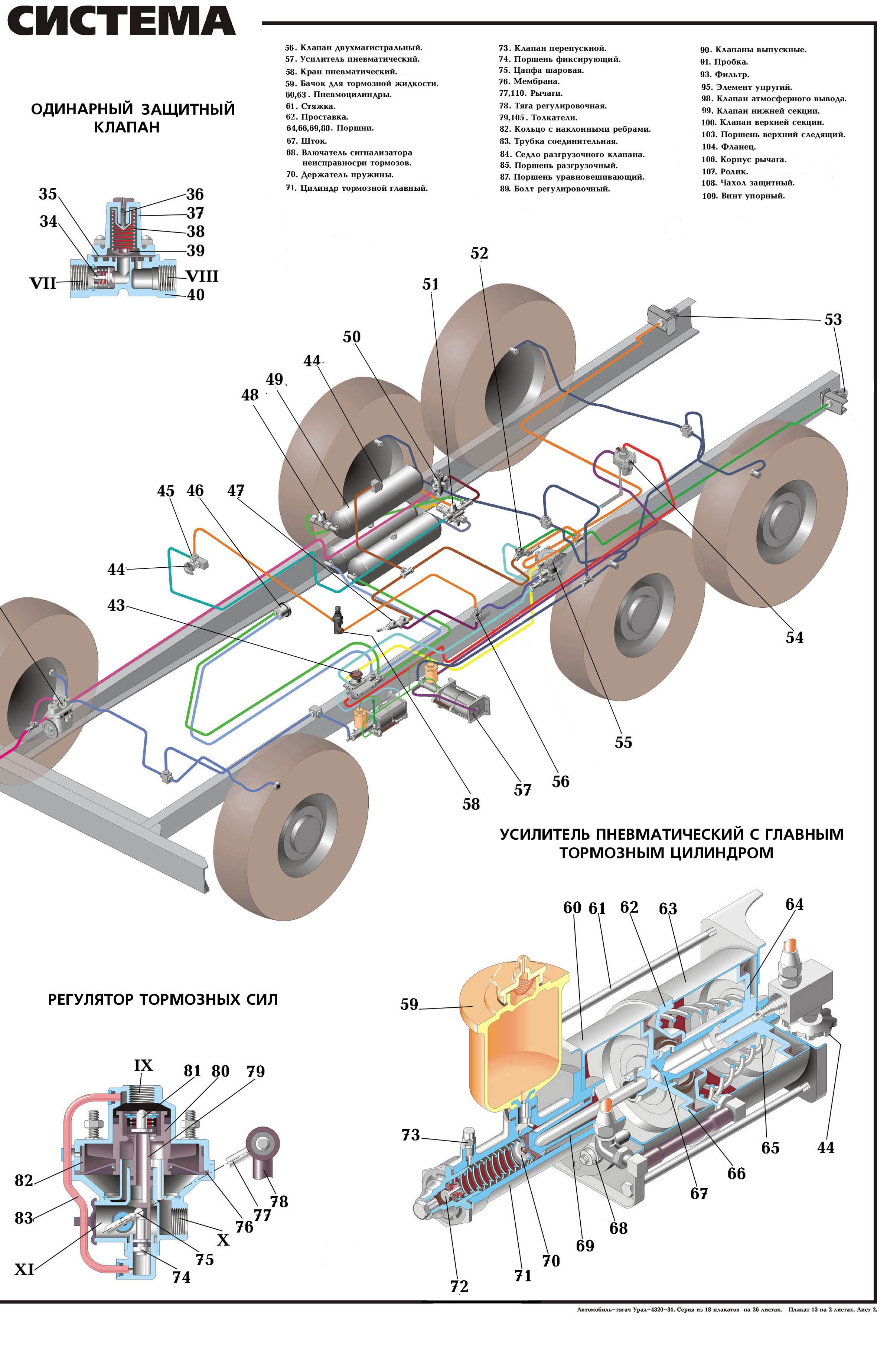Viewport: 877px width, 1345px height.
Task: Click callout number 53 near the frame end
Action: point(832,320)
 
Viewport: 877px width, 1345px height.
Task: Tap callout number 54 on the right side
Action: point(794,637)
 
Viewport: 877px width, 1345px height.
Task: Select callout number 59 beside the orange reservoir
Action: point(409,1004)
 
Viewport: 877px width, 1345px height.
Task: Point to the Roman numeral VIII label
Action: point(202,276)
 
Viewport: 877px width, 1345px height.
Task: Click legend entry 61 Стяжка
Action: point(310,106)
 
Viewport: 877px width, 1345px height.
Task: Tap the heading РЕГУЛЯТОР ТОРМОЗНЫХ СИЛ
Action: point(163,1000)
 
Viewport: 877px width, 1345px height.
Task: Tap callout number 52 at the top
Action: point(479,253)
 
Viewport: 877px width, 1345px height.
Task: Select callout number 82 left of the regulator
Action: point(24,1180)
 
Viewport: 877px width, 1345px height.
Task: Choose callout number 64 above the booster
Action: point(794,904)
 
